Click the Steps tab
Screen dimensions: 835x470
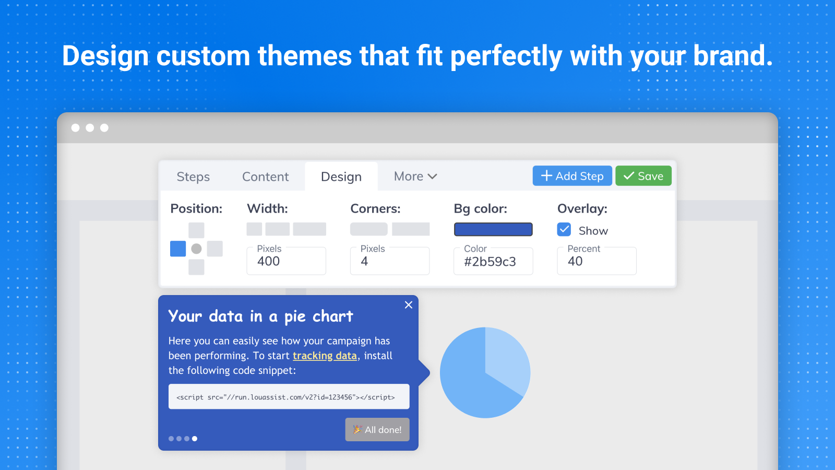tap(193, 177)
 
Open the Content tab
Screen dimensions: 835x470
tap(266, 177)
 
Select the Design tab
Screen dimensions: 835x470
tap(341, 177)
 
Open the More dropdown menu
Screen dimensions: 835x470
tap(415, 176)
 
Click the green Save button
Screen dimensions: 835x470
tap(643, 175)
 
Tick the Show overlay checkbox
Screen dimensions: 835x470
tap(564, 229)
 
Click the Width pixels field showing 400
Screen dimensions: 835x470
tap(287, 261)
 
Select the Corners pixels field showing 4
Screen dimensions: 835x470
tap(389, 261)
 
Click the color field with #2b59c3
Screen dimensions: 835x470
tap(493, 261)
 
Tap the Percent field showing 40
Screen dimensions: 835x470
tap(597, 261)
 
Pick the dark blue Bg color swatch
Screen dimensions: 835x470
tap(493, 229)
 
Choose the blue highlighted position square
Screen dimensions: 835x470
tap(178, 249)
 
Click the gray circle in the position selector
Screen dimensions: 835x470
tap(196, 249)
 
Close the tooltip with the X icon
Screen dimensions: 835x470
tap(409, 305)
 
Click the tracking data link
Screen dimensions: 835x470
tap(325, 356)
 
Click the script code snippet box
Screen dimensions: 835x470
tap(289, 396)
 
